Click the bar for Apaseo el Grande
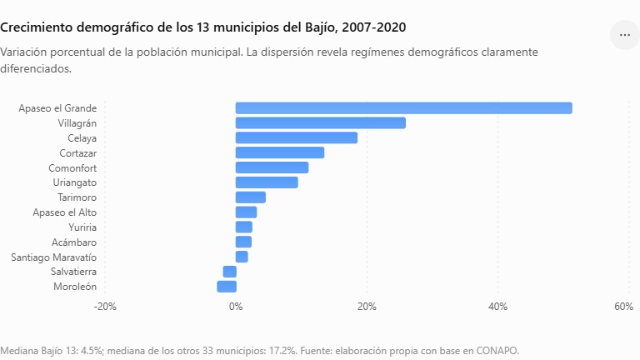coord(403,108)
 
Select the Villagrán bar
coord(320,122)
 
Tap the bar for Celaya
coord(297,138)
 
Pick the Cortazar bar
coord(280,152)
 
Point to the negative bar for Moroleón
coord(227,287)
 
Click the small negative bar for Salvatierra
coord(229,272)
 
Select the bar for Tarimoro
coord(250,197)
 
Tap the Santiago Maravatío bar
coord(241,257)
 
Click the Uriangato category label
coord(75,182)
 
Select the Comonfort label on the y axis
coord(72,168)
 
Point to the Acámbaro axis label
coord(74,242)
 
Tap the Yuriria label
coord(82,227)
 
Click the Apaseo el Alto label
coord(64,212)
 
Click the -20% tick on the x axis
coord(105,307)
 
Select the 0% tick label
coord(236,307)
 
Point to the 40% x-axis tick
coord(498,307)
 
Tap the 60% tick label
coord(623,307)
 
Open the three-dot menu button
coord(624,35)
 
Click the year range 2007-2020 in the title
coord(374,27)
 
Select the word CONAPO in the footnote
coord(497,351)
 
